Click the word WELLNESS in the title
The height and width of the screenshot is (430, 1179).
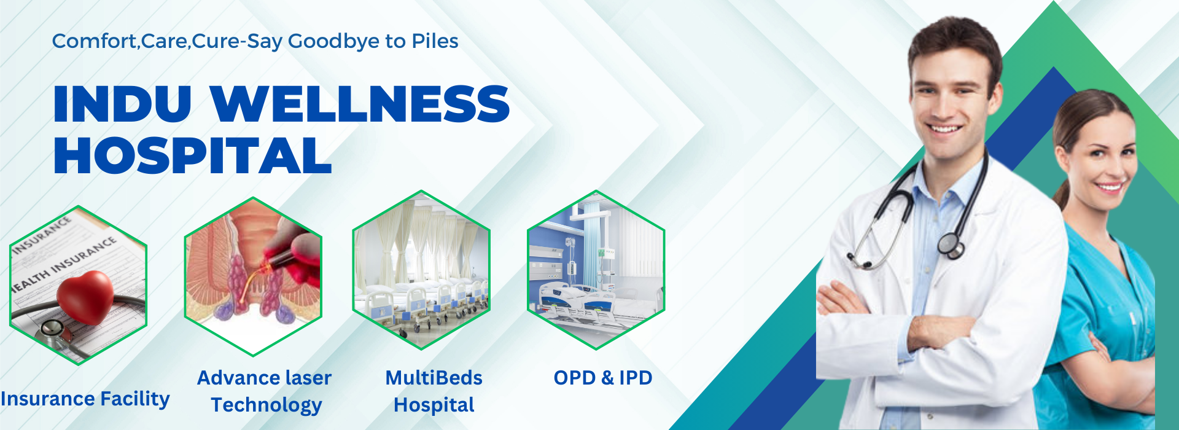pos(360,103)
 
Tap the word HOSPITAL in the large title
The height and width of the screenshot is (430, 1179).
pos(193,155)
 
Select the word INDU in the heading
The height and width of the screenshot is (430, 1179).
pos(122,103)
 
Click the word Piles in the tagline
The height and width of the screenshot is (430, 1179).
pos(435,41)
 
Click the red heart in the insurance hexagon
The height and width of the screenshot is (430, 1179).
pos(85,297)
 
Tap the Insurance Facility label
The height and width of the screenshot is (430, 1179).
pos(85,399)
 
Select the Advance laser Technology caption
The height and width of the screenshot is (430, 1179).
pos(265,391)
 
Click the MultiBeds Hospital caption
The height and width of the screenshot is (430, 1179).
pos(434,391)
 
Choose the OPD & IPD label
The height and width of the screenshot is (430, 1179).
pos(603,378)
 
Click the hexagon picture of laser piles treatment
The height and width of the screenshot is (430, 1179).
pos(253,276)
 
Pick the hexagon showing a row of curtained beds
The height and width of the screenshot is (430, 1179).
pos(421,270)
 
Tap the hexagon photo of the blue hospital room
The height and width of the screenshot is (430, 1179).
pos(596,270)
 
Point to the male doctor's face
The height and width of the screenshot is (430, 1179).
pos(954,98)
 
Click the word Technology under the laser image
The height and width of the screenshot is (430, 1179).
pos(267,405)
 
